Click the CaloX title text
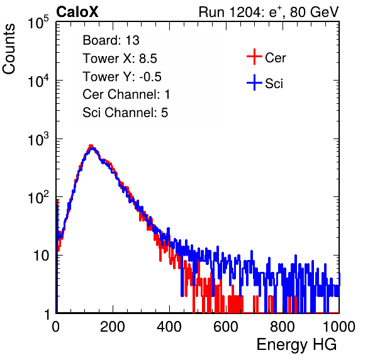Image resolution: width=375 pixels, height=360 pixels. point(77,12)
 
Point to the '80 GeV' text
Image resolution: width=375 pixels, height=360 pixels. point(314,12)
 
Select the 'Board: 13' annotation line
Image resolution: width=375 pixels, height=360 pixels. point(111,40)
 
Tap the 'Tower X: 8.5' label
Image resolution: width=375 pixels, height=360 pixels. point(120,59)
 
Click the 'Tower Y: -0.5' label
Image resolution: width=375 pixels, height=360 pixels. point(122,77)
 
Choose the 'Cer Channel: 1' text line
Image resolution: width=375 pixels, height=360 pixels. point(126,94)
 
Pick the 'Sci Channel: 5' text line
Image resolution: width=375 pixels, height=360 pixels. point(125,113)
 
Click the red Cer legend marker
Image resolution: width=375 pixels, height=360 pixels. point(254,57)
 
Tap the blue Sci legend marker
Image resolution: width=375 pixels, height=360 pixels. point(254,82)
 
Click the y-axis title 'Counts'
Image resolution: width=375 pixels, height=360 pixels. point(9,49)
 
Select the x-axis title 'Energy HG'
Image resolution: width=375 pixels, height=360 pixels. point(296,345)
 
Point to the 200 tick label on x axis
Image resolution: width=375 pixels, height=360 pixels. point(113,327)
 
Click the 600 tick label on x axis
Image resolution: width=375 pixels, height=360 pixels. point(226,327)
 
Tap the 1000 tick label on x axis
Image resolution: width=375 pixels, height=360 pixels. point(339,327)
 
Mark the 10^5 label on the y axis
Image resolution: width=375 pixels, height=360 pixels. point(38,22)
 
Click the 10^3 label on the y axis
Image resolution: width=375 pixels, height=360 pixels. point(38,139)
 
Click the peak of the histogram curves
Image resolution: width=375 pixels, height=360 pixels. point(91,146)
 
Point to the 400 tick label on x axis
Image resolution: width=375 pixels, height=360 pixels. point(169,327)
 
